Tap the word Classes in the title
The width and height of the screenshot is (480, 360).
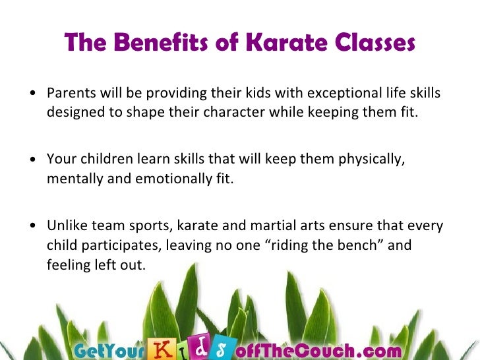[374, 43]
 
